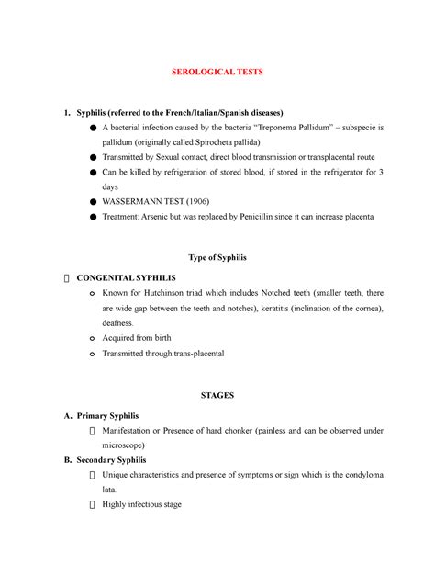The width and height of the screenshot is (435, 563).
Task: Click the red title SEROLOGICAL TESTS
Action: pyautogui.click(x=217, y=72)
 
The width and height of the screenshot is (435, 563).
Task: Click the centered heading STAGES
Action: pyautogui.click(x=217, y=394)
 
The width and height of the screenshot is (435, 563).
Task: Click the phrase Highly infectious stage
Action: pyautogui.click(x=143, y=504)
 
